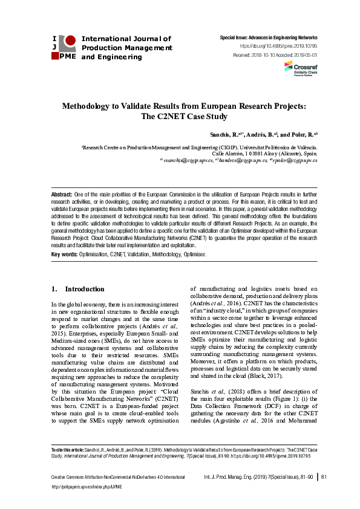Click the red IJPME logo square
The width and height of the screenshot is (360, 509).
70,41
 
